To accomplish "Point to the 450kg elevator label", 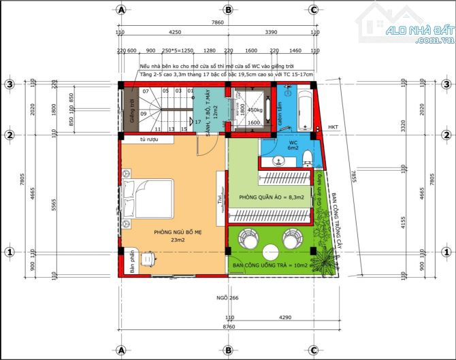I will click(255, 110).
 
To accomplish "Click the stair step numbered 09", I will click(144, 114).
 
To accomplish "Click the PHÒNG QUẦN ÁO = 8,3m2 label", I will click(270, 198).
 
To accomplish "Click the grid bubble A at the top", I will click(121, 10).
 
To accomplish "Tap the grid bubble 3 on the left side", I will click(10, 84).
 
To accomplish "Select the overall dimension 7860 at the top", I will click(216, 22).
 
